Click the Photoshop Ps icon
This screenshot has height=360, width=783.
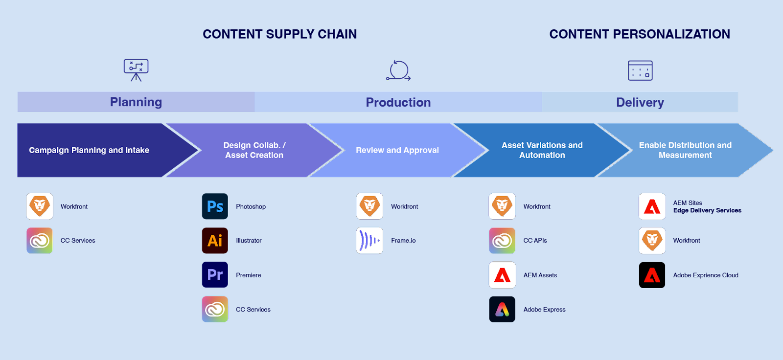pyautogui.click(x=215, y=206)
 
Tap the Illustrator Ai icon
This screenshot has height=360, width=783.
pyautogui.click(x=215, y=241)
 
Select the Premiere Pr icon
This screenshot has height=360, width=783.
pyautogui.click(x=215, y=275)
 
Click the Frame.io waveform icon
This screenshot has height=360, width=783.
pyautogui.click(x=369, y=241)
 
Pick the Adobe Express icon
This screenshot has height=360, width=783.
pyautogui.click(x=502, y=309)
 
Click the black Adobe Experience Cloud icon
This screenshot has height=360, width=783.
pyautogui.click(x=652, y=275)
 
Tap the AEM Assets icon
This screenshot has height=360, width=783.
pyautogui.click(x=502, y=275)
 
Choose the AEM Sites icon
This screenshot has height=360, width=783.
pyautogui.click(x=652, y=206)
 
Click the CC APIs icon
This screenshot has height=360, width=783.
pyautogui.click(x=502, y=241)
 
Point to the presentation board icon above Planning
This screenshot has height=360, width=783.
pyautogui.click(x=136, y=70)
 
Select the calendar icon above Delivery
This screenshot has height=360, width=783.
pyautogui.click(x=640, y=70)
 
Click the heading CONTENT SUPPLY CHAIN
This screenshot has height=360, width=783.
pyautogui.click(x=279, y=34)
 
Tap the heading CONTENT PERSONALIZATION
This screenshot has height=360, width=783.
pyautogui.click(x=640, y=34)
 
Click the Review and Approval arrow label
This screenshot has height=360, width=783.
pyautogui.click(x=397, y=150)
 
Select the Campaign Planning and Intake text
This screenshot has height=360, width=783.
pyautogui.click(x=89, y=150)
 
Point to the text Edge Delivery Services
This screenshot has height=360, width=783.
pyautogui.click(x=707, y=210)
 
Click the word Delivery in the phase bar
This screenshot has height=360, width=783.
pyautogui.click(x=640, y=102)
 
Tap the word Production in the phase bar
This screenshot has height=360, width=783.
pyautogui.click(x=398, y=102)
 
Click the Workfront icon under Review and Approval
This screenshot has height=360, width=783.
pyautogui.click(x=369, y=206)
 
